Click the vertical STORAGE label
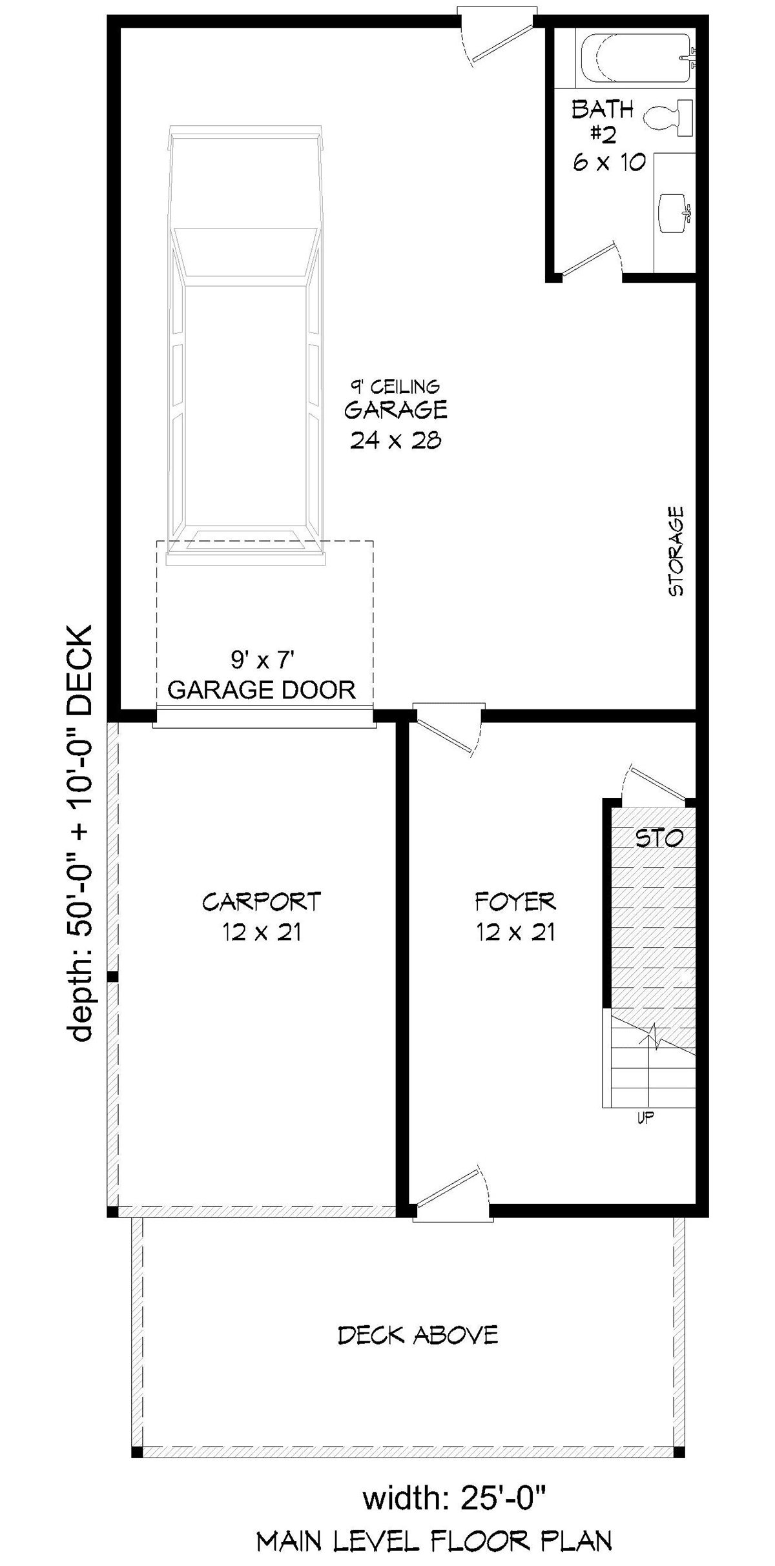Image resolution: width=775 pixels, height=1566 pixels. tap(676, 551)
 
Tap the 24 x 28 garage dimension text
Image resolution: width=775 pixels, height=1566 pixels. tap(395, 440)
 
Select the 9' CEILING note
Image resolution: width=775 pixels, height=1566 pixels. tap(395, 386)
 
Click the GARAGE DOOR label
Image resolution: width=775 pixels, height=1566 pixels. tap(262, 690)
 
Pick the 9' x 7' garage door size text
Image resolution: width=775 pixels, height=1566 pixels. tap(263, 660)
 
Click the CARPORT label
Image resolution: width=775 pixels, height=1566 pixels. tap(262, 901)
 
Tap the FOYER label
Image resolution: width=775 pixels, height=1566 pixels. tap(515, 901)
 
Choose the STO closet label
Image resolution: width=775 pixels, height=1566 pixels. tap(659, 838)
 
